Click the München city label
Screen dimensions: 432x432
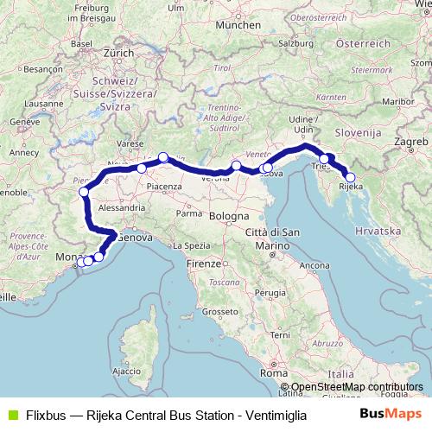pyautogui.click(x=238, y=26)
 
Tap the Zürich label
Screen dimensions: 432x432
pyautogui.click(x=118, y=52)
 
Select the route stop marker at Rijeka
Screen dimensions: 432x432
pyautogui.click(x=350, y=177)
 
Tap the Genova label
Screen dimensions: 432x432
pyautogui.click(x=135, y=236)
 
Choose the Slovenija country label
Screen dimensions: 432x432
pyautogui.click(x=359, y=133)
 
